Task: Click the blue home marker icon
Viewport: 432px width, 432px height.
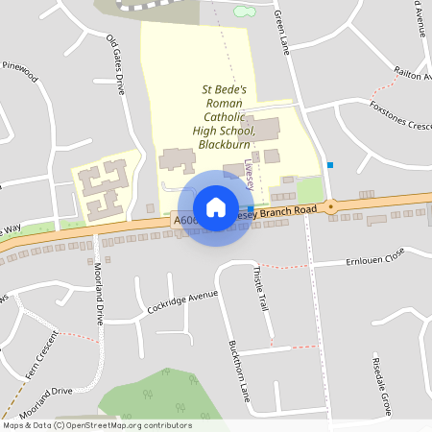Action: (215, 207)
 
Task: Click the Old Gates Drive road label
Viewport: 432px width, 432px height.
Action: (115, 66)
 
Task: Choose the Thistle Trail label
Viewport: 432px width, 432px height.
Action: (259, 289)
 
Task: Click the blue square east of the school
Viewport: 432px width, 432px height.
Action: (330, 165)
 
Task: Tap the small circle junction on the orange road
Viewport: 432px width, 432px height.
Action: (331, 205)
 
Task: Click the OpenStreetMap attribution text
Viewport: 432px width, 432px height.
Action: (97, 425)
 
